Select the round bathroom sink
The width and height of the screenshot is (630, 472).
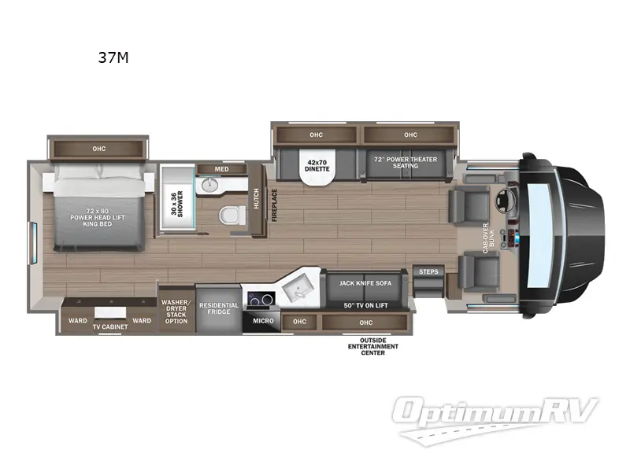209,186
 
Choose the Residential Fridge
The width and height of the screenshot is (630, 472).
218,309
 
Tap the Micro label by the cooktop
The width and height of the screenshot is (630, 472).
263,321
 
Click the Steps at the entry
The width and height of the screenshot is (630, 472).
429,271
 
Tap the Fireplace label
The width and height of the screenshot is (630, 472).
276,205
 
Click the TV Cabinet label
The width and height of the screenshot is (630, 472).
110,326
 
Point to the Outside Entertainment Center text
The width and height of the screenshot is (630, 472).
373,345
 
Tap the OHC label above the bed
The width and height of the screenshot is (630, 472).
98,148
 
